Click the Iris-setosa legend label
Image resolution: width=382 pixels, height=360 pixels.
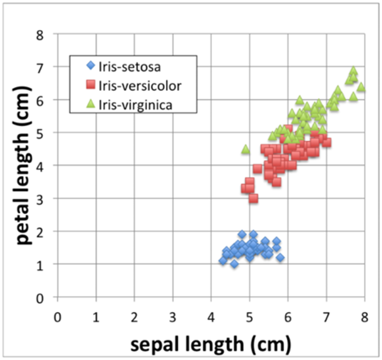click(x=129, y=67)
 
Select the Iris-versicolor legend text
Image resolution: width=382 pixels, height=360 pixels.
click(x=140, y=86)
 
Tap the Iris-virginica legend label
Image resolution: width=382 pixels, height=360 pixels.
click(x=136, y=105)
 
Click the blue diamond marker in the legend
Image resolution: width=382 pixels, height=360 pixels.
click(x=91, y=65)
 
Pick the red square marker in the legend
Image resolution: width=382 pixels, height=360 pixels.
click(x=91, y=85)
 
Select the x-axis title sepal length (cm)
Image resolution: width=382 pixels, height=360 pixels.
click(x=211, y=344)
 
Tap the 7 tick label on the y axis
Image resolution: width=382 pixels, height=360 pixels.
click(x=40, y=67)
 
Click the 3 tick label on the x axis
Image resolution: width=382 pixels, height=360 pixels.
click(x=173, y=317)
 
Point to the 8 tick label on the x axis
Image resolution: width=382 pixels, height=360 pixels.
click(x=365, y=317)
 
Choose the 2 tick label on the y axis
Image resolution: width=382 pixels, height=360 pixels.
click(x=40, y=231)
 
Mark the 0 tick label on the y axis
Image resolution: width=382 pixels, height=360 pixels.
click(x=40, y=298)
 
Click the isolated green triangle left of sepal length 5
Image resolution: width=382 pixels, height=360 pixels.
click(x=246, y=149)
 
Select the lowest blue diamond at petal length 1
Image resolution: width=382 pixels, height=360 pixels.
click(x=234, y=264)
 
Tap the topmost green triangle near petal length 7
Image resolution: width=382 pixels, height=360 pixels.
click(x=353, y=71)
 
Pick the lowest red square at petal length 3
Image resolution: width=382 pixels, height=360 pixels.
click(x=253, y=198)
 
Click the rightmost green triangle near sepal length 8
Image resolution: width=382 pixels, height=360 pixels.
click(x=361, y=87)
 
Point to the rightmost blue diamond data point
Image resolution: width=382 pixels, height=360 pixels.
click(x=280, y=257)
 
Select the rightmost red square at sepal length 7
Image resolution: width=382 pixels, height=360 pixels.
click(x=326, y=142)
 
